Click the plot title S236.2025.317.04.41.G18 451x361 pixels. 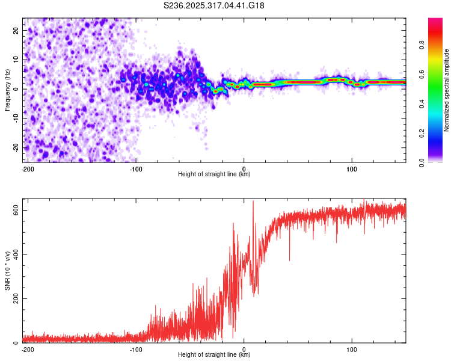[x=214, y=6]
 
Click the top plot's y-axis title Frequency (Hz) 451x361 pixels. [x=7, y=89]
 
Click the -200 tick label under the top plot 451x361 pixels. [x=26, y=168]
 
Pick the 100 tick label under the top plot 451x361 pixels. [x=351, y=168]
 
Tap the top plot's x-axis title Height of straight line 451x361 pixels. [x=214, y=174]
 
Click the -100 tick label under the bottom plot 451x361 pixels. [x=135, y=349]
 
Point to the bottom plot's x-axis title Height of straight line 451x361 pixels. [x=214, y=355]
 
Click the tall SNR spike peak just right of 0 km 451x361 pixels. [x=253, y=202]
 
